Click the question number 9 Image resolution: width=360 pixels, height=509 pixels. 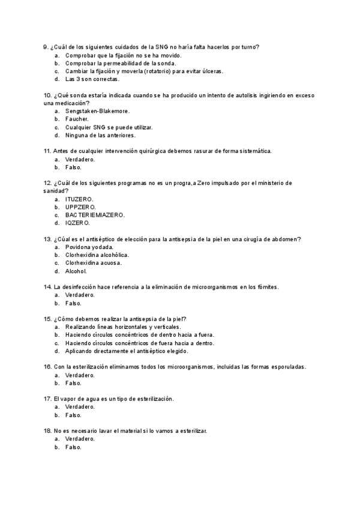[46, 47]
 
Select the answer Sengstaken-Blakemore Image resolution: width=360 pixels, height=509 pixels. [97, 111]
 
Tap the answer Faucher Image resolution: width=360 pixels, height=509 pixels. [77, 119]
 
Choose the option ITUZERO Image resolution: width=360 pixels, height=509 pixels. [79, 199]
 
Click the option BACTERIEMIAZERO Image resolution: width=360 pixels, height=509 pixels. [95, 214]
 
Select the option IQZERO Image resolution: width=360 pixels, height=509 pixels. [77, 223]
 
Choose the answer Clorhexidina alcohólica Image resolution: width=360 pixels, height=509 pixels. [97, 254]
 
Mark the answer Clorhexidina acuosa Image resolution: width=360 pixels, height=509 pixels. [93, 263]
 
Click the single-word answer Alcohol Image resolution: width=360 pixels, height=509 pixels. [76, 271]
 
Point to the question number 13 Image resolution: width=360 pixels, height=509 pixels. [47, 239]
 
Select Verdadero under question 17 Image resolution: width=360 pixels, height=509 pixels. [80, 406]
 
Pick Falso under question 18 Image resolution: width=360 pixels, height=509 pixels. [73, 447]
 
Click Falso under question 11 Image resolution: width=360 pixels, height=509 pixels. [73, 167]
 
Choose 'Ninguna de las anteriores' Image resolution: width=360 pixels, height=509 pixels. [100, 135]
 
